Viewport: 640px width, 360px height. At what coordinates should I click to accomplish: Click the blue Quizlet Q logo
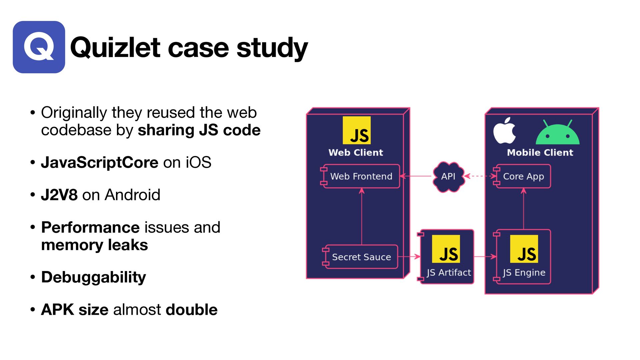39,47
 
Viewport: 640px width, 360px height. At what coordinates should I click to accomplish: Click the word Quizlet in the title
115,48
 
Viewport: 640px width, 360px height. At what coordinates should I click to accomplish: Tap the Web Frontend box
361,176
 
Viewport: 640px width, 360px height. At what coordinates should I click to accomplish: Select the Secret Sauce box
361,257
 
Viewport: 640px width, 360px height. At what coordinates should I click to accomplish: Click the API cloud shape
448,176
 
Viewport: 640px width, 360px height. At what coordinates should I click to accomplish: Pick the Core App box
523,176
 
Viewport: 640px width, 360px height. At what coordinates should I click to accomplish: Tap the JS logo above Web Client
356,130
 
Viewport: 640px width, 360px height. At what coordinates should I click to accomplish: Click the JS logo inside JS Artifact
446,249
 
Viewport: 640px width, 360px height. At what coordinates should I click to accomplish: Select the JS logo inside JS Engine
524,249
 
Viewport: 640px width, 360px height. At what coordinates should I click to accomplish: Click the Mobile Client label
540,153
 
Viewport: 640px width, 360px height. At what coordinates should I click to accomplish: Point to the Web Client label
356,153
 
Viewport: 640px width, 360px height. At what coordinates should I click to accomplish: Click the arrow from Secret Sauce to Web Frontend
362,217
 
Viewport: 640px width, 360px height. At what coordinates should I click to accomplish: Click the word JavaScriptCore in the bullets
99,163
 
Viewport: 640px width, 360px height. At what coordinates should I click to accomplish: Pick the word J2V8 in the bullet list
59,195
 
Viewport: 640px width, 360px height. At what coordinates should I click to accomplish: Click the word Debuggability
93,277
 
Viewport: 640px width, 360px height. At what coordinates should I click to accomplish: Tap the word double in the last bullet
191,310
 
